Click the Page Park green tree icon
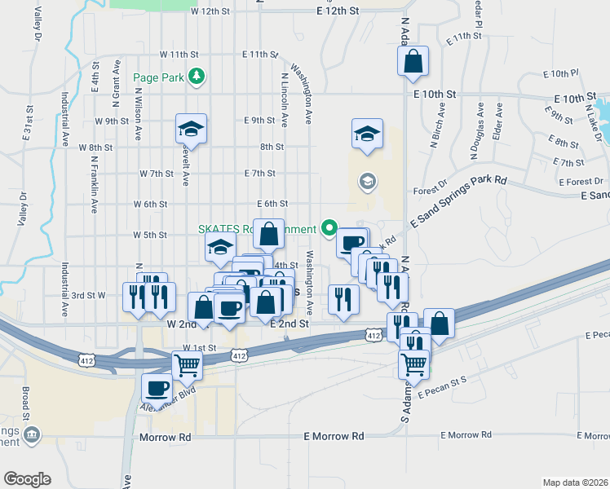[x=196, y=77]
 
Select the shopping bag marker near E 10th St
[x=413, y=61]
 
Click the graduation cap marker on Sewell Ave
[x=191, y=129]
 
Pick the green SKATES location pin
[x=329, y=227]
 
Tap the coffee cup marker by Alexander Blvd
[x=157, y=388]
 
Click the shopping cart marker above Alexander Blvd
[x=188, y=366]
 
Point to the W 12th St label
[x=206, y=11]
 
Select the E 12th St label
[x=338, y=11]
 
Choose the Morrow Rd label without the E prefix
[x=165, y=437]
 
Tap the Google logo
[x=27, y=479]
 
